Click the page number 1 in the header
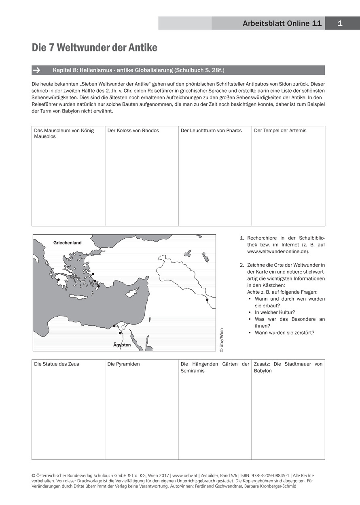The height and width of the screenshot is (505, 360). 340,23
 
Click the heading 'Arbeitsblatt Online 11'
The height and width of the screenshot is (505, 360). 282,23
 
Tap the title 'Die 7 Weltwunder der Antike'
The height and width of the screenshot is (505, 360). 95,48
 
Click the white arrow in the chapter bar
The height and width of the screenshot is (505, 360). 36,70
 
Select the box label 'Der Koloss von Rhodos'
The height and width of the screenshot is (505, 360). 133,131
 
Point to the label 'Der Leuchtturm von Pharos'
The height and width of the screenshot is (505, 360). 211,131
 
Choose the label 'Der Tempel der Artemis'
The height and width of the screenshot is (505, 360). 280,131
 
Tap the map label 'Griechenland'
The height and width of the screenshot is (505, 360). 67,243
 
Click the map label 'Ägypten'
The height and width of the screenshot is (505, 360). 122,345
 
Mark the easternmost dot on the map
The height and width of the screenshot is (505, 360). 207,300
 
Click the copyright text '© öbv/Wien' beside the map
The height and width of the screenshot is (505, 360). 221,340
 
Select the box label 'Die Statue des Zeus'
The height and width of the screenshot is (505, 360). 57,364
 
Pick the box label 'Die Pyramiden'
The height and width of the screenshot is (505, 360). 123,364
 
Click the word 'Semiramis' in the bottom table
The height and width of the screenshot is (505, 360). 193,371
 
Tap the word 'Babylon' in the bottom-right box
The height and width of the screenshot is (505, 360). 263,371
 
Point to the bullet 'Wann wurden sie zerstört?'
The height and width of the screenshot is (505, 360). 284,333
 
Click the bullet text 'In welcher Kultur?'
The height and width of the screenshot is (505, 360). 275,312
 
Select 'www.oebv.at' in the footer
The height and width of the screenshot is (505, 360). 185,475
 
